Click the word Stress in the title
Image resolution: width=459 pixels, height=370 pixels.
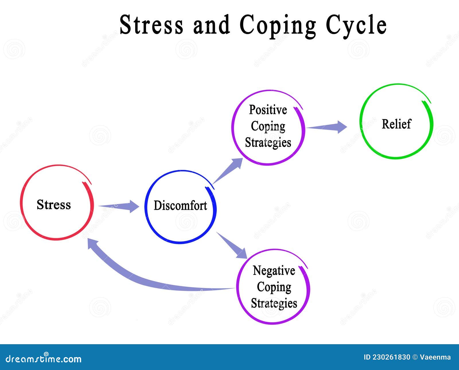tap(151, 25)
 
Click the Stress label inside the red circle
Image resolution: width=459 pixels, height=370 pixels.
tap(54, 205)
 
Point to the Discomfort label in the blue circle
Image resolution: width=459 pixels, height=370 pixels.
tap(180, 205)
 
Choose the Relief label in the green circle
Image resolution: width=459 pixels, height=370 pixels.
tap(396, 124)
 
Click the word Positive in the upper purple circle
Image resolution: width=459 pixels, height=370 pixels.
tap(268, 110)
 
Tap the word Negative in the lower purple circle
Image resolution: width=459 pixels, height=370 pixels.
tap(274, 271)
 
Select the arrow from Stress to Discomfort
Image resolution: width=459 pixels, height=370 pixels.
tap(119, 206)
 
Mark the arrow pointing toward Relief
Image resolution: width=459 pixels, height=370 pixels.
tap(327, 127)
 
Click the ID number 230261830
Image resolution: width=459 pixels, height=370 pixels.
tap(391, 357)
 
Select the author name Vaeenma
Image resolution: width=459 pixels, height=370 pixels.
tap(435, 357)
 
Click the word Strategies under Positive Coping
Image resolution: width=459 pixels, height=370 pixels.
tap(268, 142)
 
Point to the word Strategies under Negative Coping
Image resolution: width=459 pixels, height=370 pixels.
tap(274, 303)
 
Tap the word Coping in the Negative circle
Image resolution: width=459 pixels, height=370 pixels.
tap(274, 287)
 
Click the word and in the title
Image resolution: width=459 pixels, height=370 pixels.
tap(211, 25)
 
